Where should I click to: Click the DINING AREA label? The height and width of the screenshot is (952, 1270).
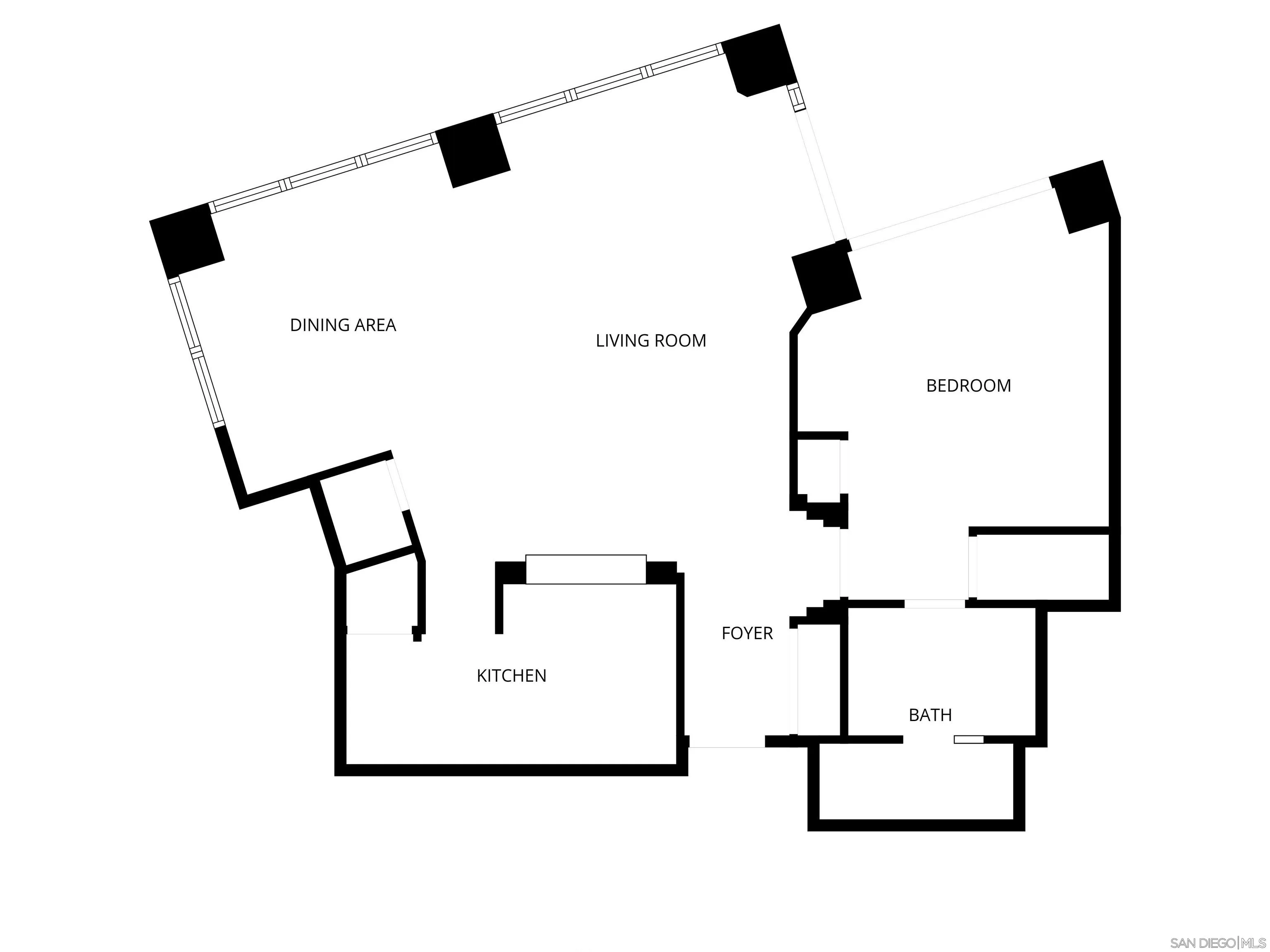click(x=343, y=325)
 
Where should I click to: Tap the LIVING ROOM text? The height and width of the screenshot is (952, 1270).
click(x=650, y=341)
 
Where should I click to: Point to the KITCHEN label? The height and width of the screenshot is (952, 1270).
click(x=511, y=676)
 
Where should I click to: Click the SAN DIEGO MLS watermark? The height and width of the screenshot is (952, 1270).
click(x=1217, y=943)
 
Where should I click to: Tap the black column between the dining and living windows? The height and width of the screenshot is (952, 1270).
click(x=473, y=150)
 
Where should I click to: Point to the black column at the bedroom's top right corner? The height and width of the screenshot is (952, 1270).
click(x=1084, y=197)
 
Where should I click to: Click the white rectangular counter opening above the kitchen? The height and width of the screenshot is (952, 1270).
click(x=586, y=569)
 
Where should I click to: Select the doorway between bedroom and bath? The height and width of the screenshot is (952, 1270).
click(x=934, y=604)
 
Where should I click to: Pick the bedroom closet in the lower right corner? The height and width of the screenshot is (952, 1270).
click(x=1042, y=567)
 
